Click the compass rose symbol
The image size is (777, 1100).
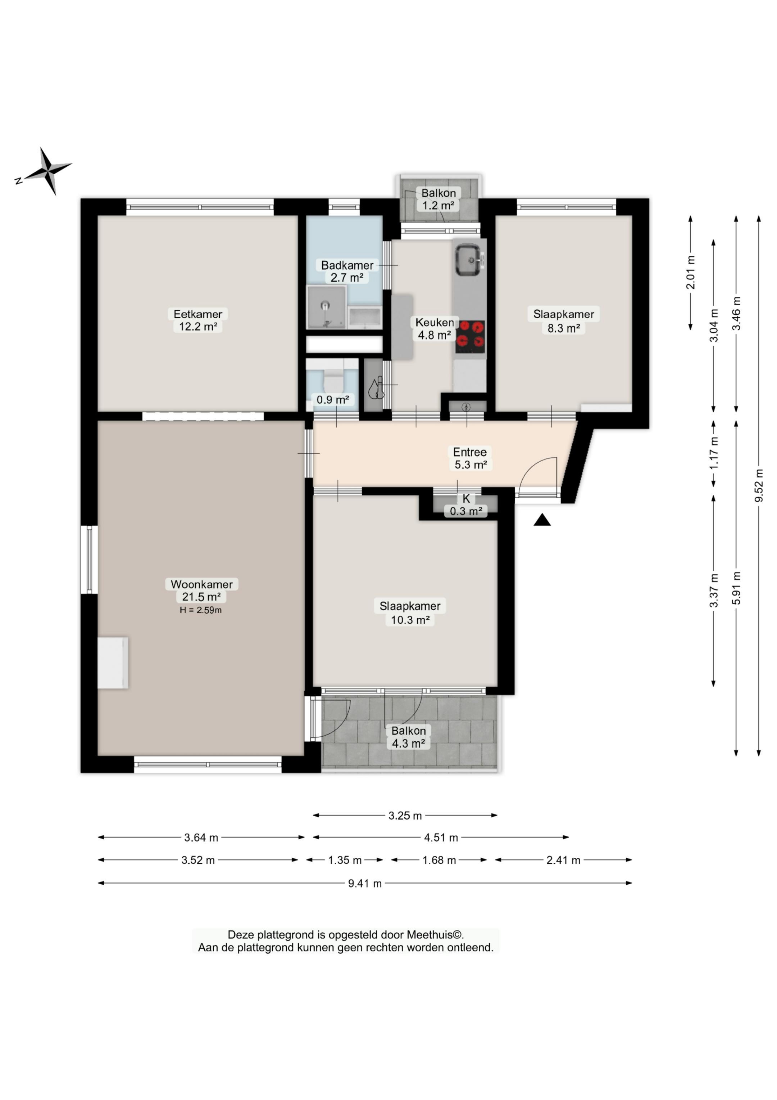coord(46,171)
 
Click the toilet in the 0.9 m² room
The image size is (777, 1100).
coord(333,380)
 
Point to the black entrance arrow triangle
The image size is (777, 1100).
coord(542,520)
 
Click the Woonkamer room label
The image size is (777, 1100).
coord(201,584)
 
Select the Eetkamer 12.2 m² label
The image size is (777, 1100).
coord(198,320)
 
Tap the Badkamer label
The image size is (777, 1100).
coord(347,265)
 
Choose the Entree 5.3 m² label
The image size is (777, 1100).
coord(470,458)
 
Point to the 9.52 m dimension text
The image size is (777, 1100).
coord(758,485)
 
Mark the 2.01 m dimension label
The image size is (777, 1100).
coord(690,273)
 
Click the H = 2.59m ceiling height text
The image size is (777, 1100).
coord(201,610)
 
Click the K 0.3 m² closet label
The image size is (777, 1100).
coord(466,505)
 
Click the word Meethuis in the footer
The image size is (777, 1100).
coord(430,935)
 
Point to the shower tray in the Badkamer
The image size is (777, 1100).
coord(326,307)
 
